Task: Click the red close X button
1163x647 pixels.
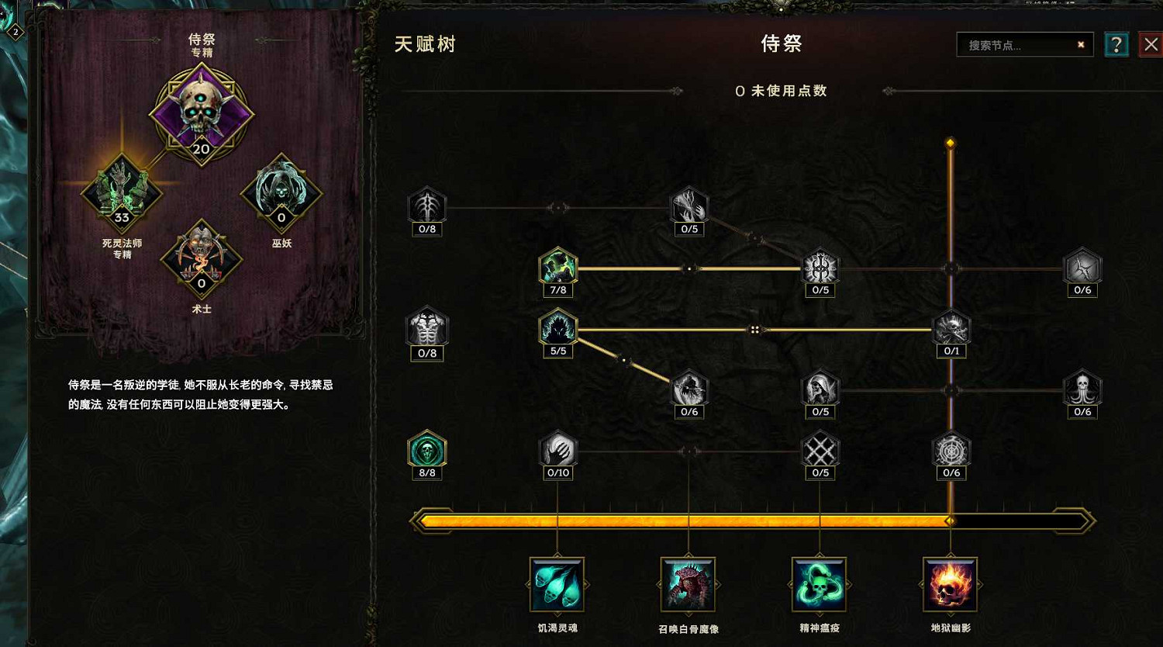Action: coord(1151,45)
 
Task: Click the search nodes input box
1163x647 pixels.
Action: coord(1016,45)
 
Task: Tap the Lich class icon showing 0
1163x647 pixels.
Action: coord(281,193)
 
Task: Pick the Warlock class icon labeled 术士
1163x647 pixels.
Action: coord(202,258)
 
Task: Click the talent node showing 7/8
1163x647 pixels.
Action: coord(558,268)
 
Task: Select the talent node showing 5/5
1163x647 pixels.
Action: coord(558,328)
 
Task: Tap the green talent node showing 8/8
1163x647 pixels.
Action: coord(427,450)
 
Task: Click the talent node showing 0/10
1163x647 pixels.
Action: coord(558,450)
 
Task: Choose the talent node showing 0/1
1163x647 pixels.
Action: coord(951,328)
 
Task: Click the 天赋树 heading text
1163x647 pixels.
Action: coord(425,44)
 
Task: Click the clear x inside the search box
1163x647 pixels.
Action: coord(1081,45)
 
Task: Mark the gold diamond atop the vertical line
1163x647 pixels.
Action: coord(951,144)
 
